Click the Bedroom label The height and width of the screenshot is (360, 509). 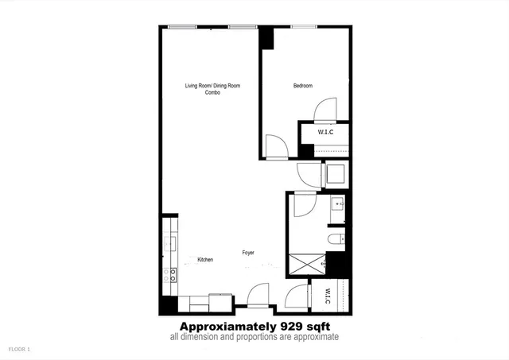pyautogui.click(x=302, y=86)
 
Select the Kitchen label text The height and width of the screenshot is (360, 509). pyautogui.click(x=205, y=260)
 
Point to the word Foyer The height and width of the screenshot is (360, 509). pyautogui.click(x=249, y=253)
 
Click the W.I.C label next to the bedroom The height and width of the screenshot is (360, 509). pyautogui.click(x=326, y=132)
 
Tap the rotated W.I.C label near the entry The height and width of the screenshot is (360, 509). pyautogui.click(x=327, y=296)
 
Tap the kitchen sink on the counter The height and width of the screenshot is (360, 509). pyautogui.click(x=169, y=243)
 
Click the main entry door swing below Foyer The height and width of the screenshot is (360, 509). pyautogui.click(x=257, y=296)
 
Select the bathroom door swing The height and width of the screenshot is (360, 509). pyautogui.click(x=305, y=207)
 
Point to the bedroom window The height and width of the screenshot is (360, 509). pyautogui.click(x=304, y=27)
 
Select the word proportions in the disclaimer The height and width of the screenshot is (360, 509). pyautogui.click(x=270, y=338)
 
